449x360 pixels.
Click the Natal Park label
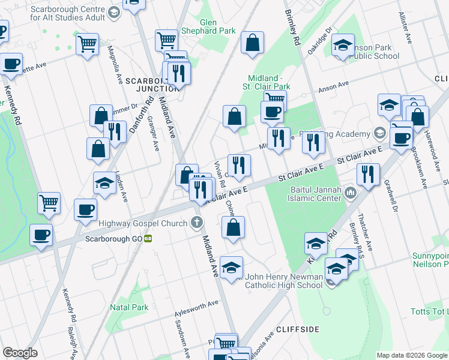(x=129, y=307)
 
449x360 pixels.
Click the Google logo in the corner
(x=20, y=353)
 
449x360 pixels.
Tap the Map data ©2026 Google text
(x=411, y=355)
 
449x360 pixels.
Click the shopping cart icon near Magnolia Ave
(x=88, y=43)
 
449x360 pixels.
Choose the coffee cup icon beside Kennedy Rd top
(x=11, y=64)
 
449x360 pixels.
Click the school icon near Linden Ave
(x=104, y=182)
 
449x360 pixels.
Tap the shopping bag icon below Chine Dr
(x=233, y=227)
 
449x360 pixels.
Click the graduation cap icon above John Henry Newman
(x=231, y=268)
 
